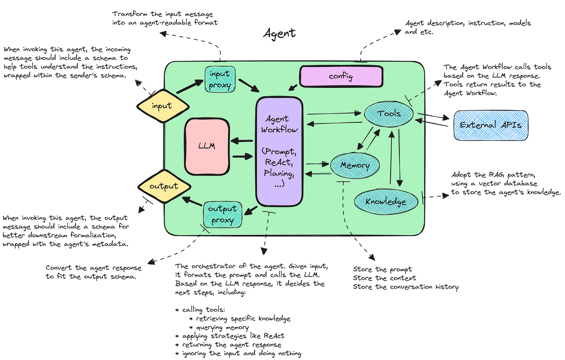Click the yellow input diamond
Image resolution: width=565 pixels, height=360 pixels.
point(163,106)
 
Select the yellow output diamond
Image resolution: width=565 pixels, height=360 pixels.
point(164,186)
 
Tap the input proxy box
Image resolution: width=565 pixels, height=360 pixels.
point(220,79)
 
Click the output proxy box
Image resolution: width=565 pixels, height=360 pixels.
point(222,214)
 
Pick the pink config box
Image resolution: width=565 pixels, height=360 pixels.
point(341,76)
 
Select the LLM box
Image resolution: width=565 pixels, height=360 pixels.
point(207,147)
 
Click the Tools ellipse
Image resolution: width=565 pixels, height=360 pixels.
point(389,114)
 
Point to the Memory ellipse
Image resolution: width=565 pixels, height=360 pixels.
point(355,165)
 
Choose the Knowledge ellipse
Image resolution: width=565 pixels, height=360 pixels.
point(386,202)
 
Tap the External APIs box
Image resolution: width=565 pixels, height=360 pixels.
point(491,125)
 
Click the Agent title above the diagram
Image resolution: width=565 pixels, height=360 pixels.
point(279,33)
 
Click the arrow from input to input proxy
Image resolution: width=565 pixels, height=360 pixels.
point(190,86)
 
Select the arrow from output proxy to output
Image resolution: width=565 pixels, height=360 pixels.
point(192,201)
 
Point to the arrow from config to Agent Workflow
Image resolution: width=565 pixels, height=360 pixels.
point(293,88)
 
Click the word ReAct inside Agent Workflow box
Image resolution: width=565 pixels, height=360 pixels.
point(279,162)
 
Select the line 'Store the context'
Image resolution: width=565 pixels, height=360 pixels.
point(384,278)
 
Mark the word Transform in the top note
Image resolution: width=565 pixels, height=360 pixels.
point(130,14)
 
